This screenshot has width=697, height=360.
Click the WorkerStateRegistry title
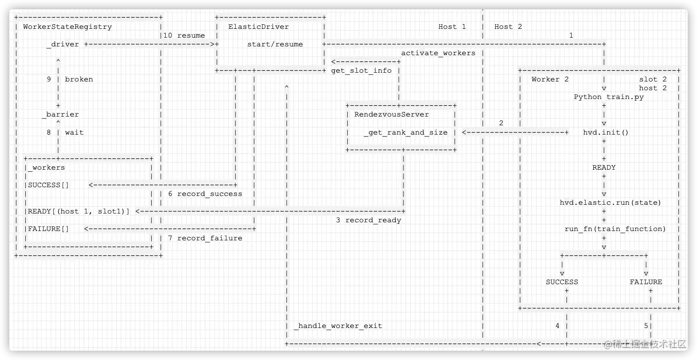click(67, 27)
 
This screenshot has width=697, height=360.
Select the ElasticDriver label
click(258, 27)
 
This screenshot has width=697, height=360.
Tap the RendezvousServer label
click(392, 114)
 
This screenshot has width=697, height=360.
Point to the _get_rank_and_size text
click(406, 133)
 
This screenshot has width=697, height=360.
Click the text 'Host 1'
click(452, 27)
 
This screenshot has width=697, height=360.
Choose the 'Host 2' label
click(508, 27)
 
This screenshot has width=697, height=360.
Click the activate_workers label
click(438, 53)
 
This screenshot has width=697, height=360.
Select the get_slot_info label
click(361, 71)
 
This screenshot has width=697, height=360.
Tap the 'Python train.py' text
click(609, 97)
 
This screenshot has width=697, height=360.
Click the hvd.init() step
click(606, 133)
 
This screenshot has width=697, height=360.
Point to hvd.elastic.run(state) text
click(610, 203)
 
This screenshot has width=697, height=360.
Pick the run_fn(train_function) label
click(615, 229)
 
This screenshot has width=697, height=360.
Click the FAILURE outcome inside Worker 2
click(645, 282)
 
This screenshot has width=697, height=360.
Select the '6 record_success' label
click(205, 194)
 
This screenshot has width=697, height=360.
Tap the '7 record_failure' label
click(205, 238)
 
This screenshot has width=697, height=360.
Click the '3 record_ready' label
click(368, 220)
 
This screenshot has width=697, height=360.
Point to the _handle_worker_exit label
click(338, 326)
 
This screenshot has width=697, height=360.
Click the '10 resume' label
click(184, 36)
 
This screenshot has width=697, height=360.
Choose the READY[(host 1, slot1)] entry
click(79, 211)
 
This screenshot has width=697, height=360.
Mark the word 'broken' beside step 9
click(79, 79)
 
